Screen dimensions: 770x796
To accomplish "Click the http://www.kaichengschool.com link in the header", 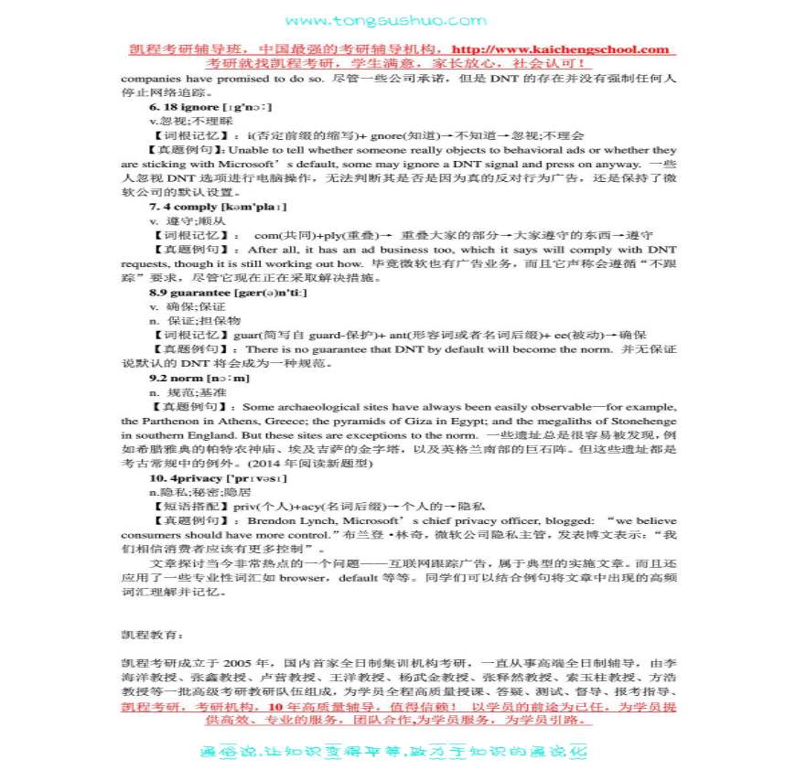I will pos(561,49).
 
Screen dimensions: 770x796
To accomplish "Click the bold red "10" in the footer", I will pos(267,707).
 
